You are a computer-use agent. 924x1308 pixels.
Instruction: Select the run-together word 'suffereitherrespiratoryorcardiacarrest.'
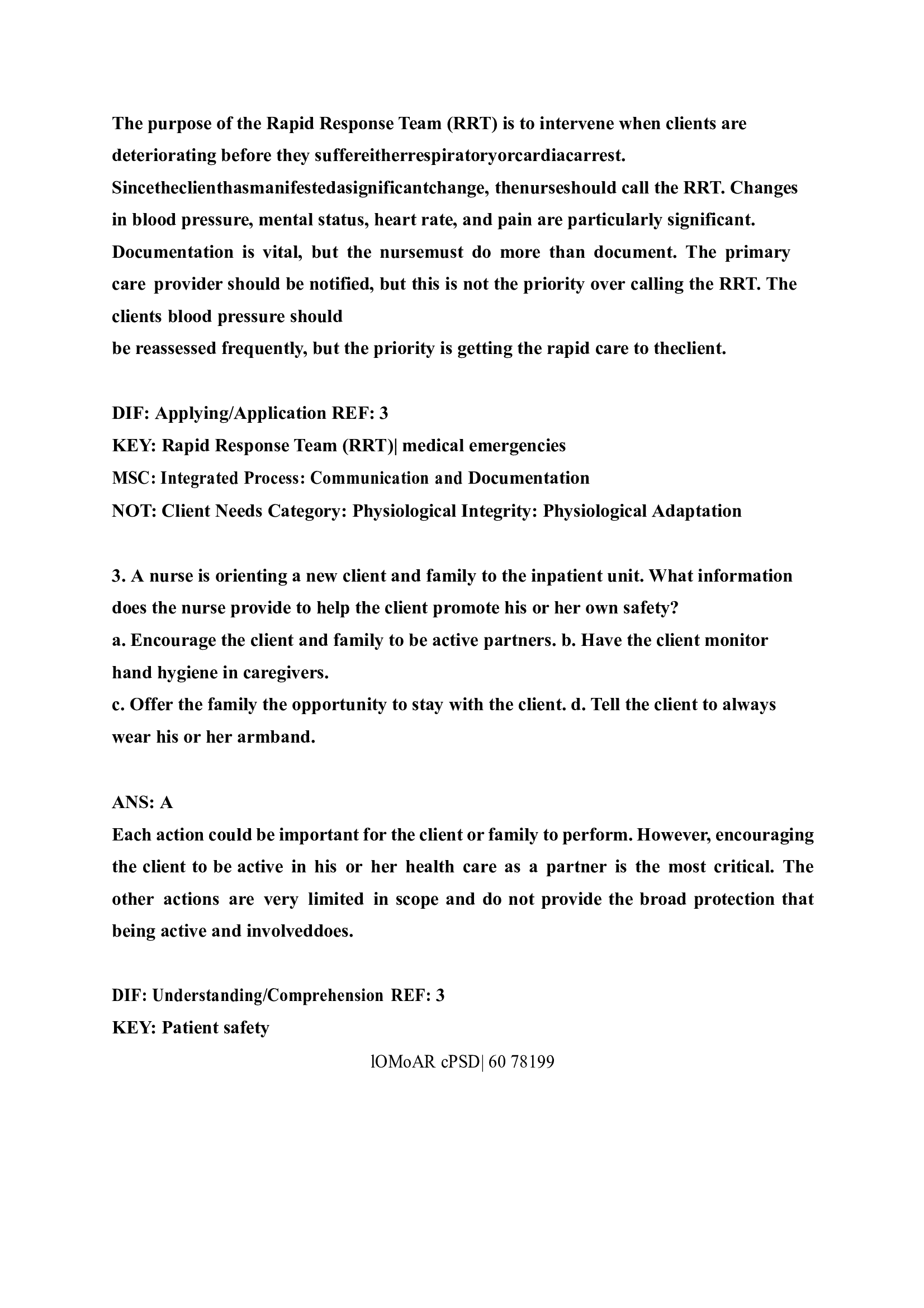pyautogui.click(x=470, y=155)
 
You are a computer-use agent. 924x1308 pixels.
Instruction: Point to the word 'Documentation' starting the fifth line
pyautogui.click(x=173, y=252)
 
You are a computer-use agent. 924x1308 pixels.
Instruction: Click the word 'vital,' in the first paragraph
pyautogui.click(x=281, y=252)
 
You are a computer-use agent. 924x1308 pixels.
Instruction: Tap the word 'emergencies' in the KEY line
pyautogui.click(x=517, y=445)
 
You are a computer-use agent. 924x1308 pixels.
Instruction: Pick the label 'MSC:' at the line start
pyautogui.click(x=134, y=478)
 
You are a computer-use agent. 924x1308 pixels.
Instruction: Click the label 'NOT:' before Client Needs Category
pyautogui.click(x=134, y=511)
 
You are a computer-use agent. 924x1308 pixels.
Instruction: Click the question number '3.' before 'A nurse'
pyautogui.click(x=119, y=575)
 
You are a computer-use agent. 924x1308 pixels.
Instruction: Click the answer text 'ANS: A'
pyautogui.click(x=143, y=802)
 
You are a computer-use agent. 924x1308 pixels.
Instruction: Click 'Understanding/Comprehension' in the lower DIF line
pyautogui.click(x=268, y=995)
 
